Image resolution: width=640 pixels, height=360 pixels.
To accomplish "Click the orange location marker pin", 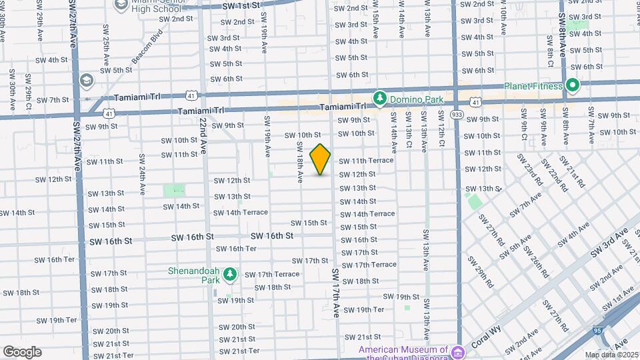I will coord(320,159).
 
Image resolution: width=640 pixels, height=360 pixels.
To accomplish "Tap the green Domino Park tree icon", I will coord(380,99).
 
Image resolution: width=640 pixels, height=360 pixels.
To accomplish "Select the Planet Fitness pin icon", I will coord(572,85).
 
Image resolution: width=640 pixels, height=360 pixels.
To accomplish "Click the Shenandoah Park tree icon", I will coord(230,273).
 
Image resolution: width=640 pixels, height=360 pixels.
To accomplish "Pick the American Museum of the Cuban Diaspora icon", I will coord(457,351).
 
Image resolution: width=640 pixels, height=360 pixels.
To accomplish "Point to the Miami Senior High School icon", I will coord(122,5).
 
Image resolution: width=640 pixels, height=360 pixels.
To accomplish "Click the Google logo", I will coord(22,351).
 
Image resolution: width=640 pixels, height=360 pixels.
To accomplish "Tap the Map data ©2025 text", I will coord(611,355).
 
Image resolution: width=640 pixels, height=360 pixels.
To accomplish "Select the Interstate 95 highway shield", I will coord(597,330).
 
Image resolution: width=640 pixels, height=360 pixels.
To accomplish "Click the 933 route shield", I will coord(457,115).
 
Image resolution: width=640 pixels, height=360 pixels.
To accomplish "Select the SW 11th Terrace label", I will coord(366,161).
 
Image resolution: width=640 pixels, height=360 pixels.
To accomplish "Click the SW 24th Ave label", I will coord(141,173).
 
